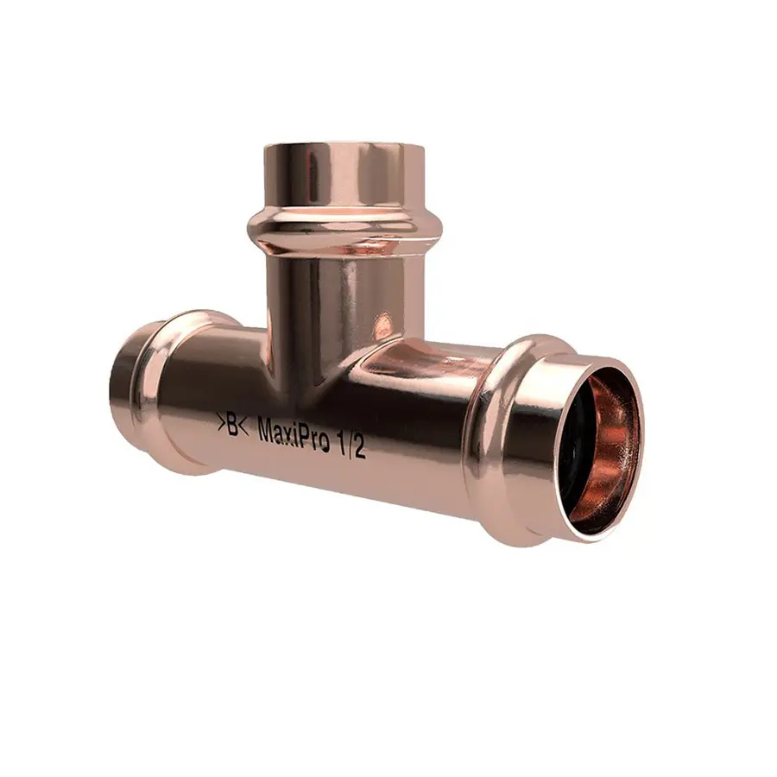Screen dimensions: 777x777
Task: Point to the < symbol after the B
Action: click(x=244, y=426)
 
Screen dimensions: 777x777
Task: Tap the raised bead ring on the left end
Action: click(x=160, y=388)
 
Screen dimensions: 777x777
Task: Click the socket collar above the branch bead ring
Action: click(x=345, y=177)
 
